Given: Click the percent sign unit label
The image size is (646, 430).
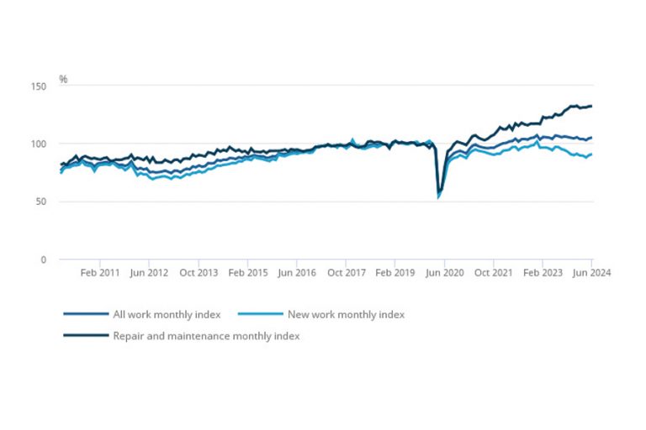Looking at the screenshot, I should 63,79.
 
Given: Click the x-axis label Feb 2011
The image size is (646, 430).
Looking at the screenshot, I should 100,273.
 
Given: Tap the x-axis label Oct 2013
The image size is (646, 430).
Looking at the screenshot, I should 199,273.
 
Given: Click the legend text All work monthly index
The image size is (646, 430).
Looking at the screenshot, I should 167,315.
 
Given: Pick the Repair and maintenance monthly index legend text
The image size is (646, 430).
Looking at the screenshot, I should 206,336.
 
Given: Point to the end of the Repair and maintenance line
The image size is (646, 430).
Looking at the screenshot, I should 592,106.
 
